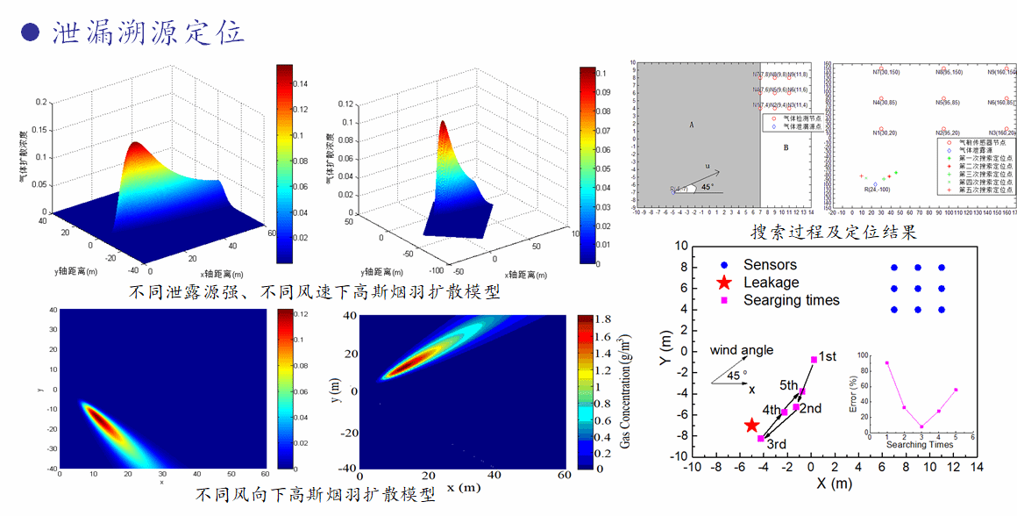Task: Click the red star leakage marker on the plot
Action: pyautogui.click(x=751, y=426)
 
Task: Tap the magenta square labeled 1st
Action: pyautogui.click(x=814, y=360)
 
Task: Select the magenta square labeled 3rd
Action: pyautogui.click(x=761, y=438)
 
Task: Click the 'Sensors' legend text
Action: pyautogui.click(x=770, y=264)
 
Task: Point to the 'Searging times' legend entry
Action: pyautogui.click(x=791, y=300)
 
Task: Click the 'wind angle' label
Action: pyautogui.click(x=742, y=350)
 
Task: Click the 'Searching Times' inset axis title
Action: pyautogui.click(x=919, y=444)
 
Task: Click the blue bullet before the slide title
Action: pyautogui.click(x=31, y=32)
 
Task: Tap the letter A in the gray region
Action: pyautogui.click(x=691, y=125)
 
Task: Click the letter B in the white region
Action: pyautogui.click(x=786, y=147)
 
